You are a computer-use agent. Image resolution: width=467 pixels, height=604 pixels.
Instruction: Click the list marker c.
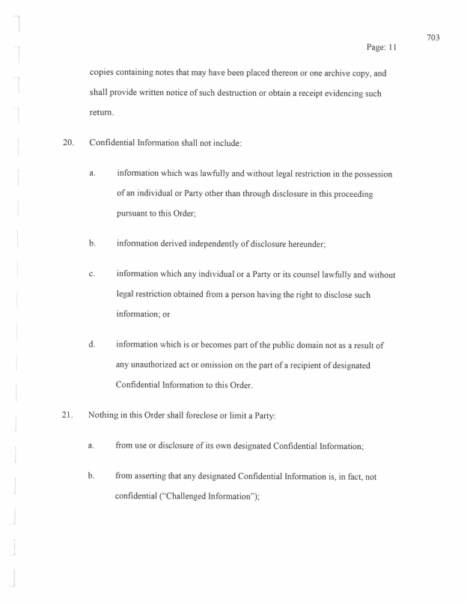pyautogui.click(x=91, y=275)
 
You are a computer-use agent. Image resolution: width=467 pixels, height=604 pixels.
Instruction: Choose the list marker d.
pyautogui.click(x=91, y=344)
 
